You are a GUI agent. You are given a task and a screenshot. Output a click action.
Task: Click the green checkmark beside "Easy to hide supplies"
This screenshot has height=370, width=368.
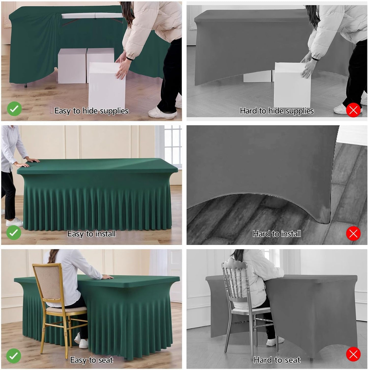coord(14,109)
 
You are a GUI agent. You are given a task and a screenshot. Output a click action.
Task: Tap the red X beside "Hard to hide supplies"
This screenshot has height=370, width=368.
coord(353,110)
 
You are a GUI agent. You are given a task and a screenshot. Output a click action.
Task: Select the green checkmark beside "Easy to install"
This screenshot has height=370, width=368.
coord(14,232)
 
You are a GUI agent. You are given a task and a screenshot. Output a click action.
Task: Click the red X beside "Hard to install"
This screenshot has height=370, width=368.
coord(353,233)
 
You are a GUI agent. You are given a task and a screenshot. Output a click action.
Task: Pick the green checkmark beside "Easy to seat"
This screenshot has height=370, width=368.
coord(13,356)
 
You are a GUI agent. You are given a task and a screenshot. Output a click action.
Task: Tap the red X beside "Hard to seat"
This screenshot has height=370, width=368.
coord(353,354)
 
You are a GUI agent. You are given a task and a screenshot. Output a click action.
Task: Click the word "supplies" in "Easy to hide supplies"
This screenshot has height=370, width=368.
coord(114,111)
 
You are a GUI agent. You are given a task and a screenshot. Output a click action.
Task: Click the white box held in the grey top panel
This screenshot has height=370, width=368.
coord(292,84)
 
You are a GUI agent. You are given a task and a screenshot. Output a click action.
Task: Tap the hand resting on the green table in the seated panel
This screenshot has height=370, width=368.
coord(107,277)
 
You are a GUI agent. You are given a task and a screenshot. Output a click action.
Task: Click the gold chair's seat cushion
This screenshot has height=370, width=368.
coord(66,310)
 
